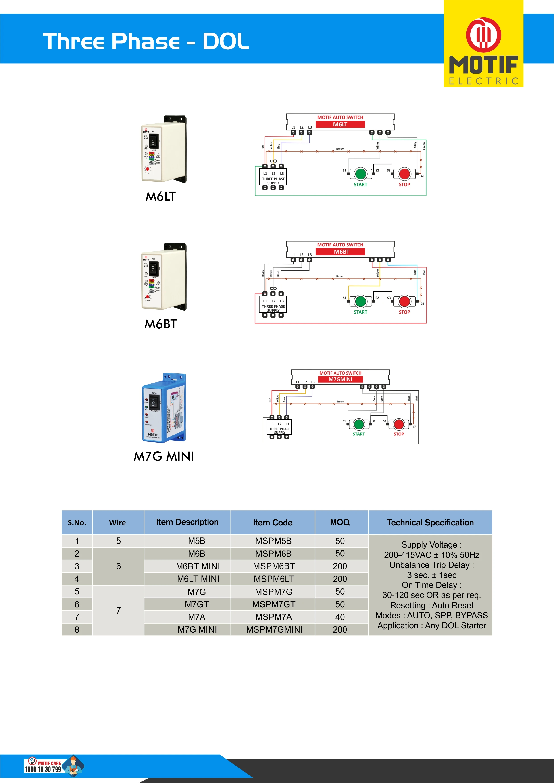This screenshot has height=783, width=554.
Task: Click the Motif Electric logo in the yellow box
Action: (483, 51)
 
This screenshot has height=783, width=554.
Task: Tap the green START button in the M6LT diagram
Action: (360, 174)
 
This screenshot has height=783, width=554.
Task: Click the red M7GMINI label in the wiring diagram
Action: (340, 379)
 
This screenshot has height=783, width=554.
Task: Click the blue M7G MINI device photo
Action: (164, 408)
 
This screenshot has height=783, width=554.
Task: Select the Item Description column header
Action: (187, 522)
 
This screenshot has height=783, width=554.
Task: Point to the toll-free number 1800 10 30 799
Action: (43, 769)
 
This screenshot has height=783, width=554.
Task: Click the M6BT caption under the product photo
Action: (161, 324)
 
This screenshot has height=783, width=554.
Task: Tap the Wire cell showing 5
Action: (118, 541)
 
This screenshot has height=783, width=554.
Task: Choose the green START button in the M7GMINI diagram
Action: (359, 424)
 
